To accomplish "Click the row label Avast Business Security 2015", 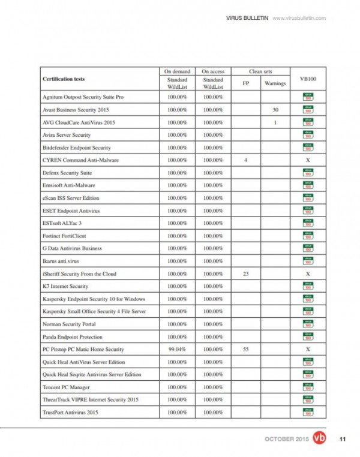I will [75, 110].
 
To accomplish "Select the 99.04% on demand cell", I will [177, 349].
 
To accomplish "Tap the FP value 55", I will [246, 349].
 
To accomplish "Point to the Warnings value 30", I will [275, 110].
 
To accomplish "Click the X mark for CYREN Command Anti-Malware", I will [307, 160].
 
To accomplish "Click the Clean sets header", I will [260, 71].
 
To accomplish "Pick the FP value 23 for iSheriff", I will [246, 273].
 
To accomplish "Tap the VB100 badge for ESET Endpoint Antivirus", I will [307, 211].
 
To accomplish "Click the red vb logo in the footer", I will [320, 439].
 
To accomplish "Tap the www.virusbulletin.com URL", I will [299, 18].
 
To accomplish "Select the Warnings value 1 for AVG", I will [275, 122].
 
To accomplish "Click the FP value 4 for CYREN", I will [246, 160].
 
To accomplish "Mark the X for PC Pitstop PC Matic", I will [307, 349].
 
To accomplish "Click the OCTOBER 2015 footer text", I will [287, 440].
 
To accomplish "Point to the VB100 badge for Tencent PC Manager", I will [307, 387].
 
